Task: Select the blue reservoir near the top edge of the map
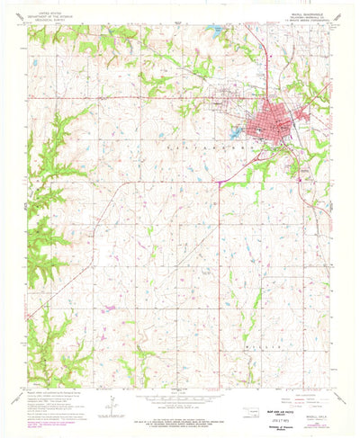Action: click(x=215, y=29)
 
